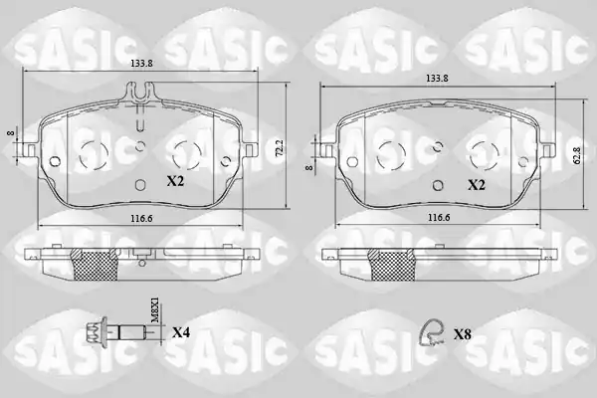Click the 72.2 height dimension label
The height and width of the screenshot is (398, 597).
pyautogui.click(x=279, y=148)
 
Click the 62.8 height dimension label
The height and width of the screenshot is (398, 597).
pyautogui.click(x=577, y=155)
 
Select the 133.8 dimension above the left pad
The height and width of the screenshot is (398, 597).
pyautogui.click(x=141, y=64)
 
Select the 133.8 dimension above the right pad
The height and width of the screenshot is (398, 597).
pyautogui.click(x=437, y=79)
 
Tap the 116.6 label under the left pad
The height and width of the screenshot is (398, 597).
pyautogui.click(x=141, y=219)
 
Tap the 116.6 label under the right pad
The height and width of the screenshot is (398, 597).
pyautogui.click(x=439, y=218)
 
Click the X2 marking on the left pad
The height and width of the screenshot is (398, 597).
pyautogui.click(x=175, y=181)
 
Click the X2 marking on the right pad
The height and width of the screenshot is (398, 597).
pyautogui.click(x=477, y=185)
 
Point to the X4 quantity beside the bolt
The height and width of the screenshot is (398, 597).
pyautogui.click(x=181, y=333)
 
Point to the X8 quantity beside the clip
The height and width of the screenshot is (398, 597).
pyautogui.click(x=463, y=334)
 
